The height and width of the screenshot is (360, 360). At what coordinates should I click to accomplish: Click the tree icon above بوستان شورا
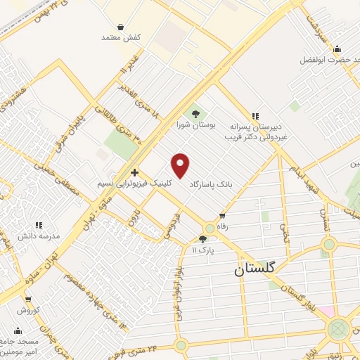195,113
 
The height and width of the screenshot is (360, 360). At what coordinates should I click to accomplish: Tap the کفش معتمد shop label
122,36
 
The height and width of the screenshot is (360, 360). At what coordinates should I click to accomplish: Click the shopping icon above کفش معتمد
121,26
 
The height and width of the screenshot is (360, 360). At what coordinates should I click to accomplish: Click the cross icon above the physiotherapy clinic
134,172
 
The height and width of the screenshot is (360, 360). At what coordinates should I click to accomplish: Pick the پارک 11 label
203,250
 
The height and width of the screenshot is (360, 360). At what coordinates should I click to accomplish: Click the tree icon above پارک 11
203,240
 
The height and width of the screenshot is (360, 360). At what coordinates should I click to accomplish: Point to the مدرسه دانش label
39,236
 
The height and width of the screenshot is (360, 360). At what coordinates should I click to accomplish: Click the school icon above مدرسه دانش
39,225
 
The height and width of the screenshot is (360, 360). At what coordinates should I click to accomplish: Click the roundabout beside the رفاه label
210,229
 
